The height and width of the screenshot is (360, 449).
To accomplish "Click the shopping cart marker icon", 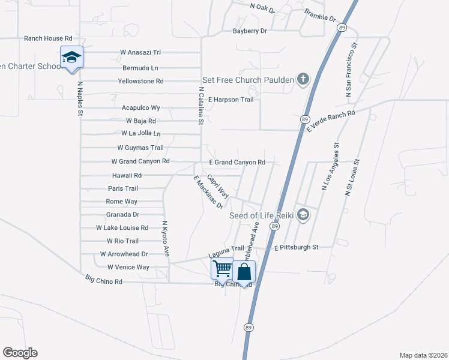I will click(x=222, y=269).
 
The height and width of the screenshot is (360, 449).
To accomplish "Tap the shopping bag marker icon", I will click(x=244, y=272).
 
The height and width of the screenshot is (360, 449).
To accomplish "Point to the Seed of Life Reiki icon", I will click(x=304, y=215).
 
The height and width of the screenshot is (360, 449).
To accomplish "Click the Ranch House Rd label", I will click(x=48, y=38).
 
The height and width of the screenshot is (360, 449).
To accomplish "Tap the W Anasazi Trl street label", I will click(x=141, y=52).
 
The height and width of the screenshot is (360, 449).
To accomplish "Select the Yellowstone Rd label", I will click(x=140, y=81).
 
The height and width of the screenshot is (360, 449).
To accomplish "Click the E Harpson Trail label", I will click(x=232, y=99).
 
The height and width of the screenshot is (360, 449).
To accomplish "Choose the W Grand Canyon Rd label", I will click(x=140, y=161).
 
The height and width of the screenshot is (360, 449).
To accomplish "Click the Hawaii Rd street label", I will click(x=127, y=175).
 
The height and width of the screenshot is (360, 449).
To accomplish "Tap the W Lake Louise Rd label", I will click(x=122, y=228).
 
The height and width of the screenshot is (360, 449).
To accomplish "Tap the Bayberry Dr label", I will click(x=250, y=31).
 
